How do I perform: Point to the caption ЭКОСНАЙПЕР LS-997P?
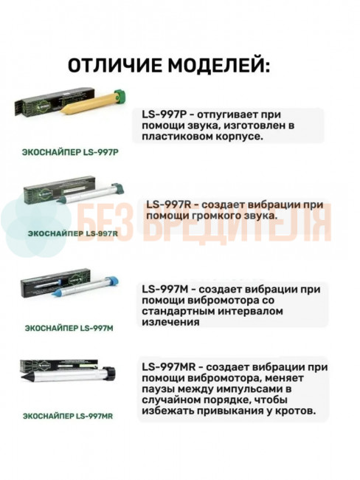pos(71,152)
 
